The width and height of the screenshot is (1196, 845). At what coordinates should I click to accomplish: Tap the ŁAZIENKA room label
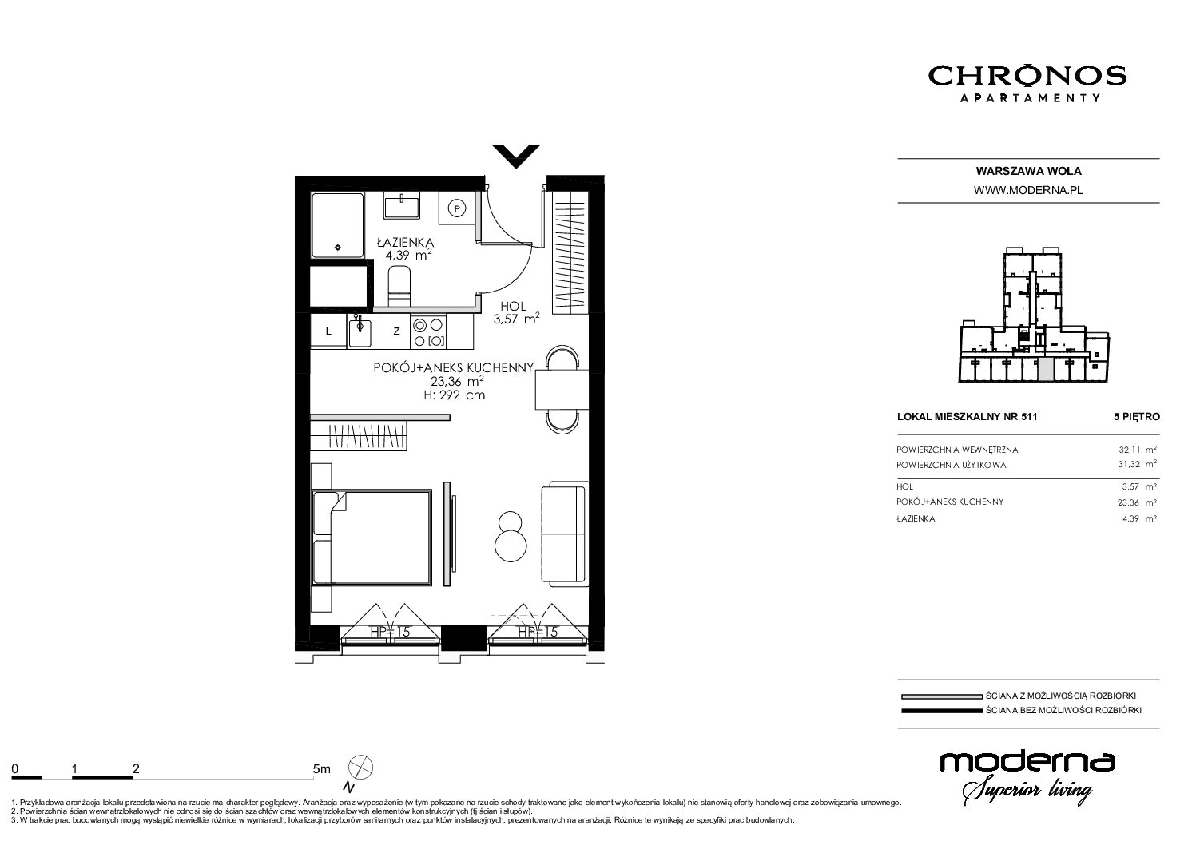coord(405,242)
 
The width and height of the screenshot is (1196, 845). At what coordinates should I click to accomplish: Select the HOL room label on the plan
coord(513,307)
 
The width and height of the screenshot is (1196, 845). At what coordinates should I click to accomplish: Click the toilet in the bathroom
coord(399,287)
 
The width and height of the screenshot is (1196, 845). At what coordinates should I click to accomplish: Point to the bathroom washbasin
coord(402,205)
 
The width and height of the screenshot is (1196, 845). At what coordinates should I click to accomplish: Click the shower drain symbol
coord(337,247)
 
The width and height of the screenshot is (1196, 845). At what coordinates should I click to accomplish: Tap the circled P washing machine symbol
coord(456,208)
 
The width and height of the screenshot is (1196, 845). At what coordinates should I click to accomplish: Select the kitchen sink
coord(360,331)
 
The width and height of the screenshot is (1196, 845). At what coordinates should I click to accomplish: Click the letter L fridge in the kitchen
coord(328,331)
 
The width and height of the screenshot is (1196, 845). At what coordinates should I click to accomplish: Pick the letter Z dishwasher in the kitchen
coord(396,331)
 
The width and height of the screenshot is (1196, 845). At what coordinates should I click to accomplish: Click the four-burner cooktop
coord(427,331)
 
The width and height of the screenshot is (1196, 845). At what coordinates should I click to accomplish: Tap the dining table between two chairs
coord(562,390)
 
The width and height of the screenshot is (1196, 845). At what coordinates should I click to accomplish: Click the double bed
coord(372,538)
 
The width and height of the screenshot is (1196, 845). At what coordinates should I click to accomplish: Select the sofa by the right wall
coord(565,532)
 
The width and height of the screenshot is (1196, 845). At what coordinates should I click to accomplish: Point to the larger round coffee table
coord(511,545)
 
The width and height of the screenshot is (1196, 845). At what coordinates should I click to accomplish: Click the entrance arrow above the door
coord(516,156)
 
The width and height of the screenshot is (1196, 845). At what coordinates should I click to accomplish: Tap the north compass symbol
coord(360,768)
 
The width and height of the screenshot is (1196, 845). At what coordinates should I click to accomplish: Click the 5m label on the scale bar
coord(321,768)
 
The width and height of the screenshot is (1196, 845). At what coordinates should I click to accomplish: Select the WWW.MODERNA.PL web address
coord(1028,190)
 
